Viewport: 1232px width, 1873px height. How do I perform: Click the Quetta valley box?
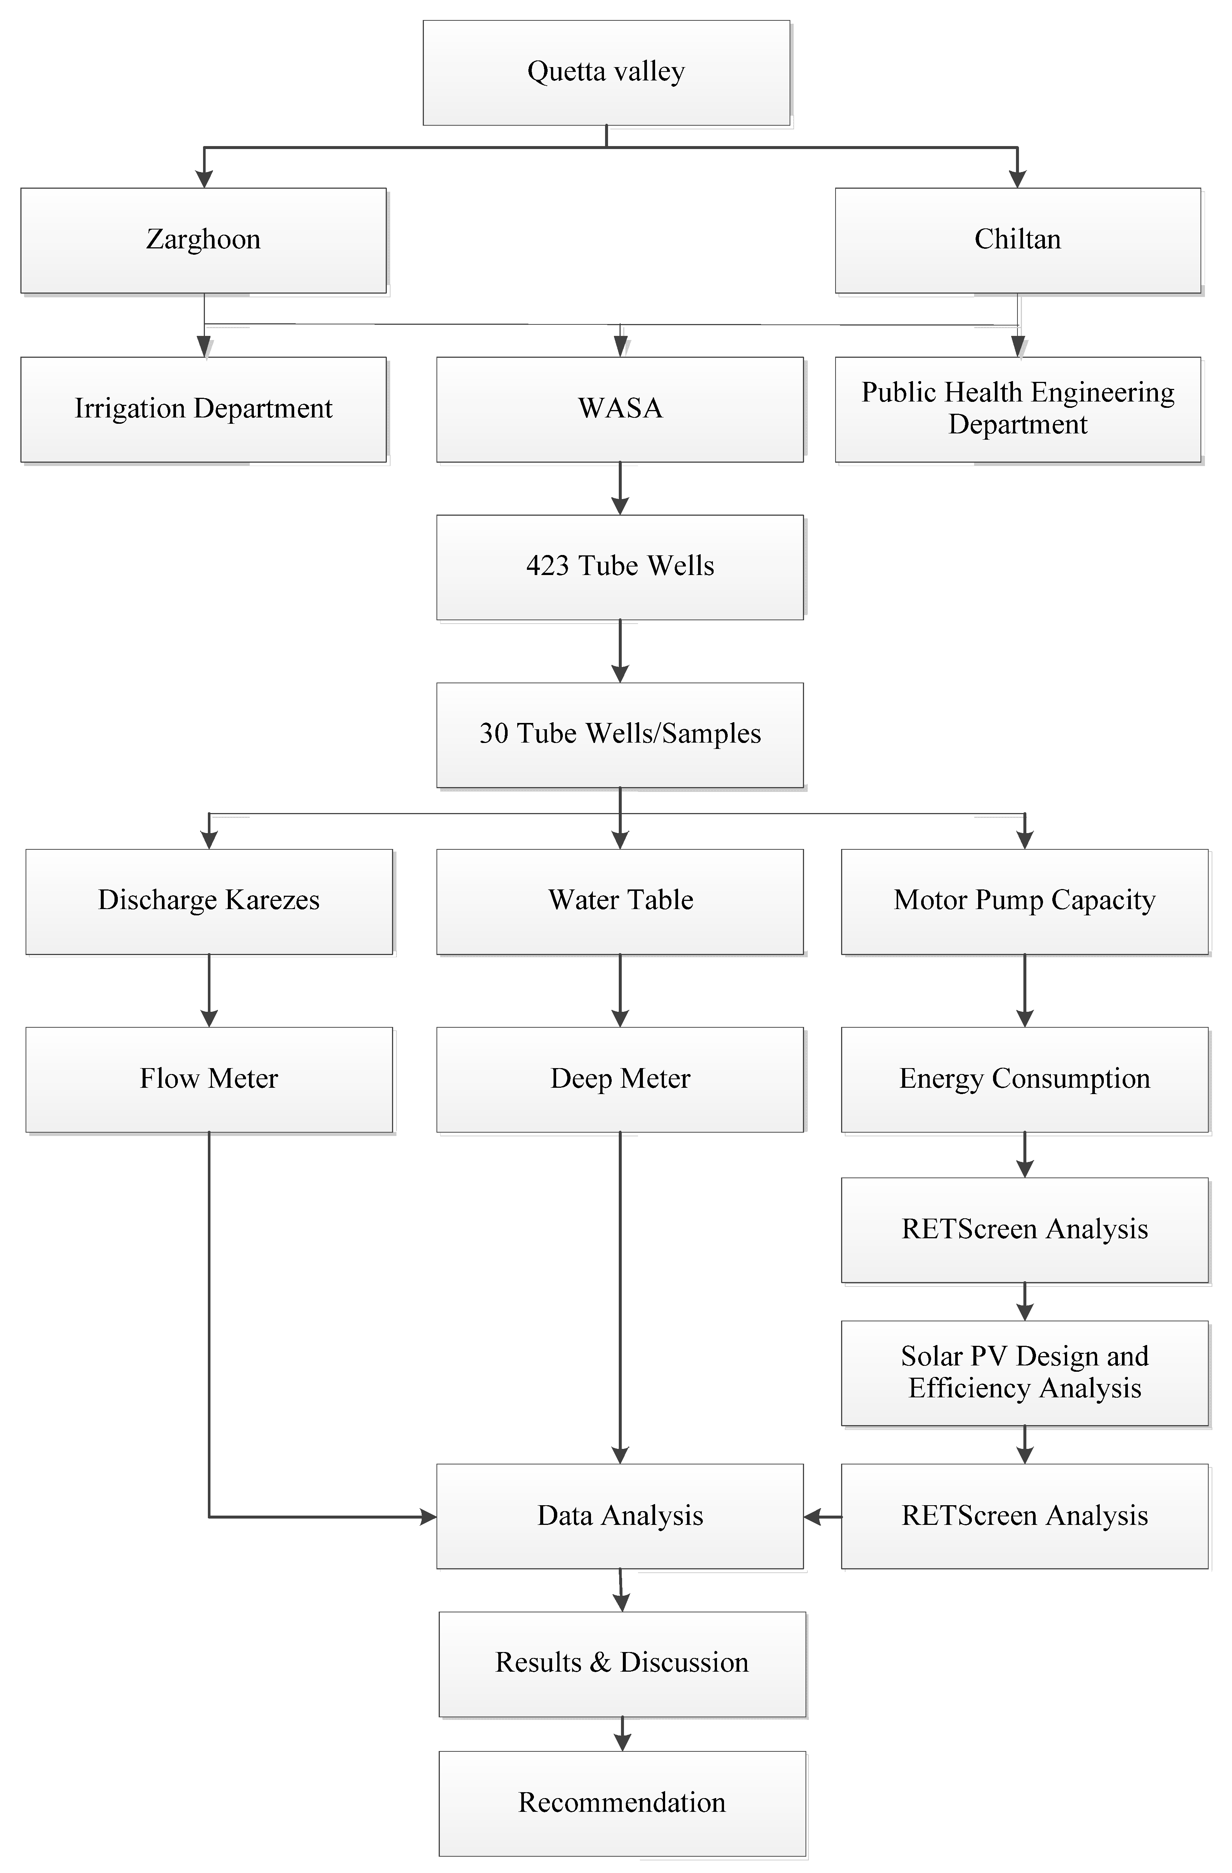point(606,72)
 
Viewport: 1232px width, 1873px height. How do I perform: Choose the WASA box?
point(620,409)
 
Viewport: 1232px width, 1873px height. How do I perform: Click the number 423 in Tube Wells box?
point(547,566)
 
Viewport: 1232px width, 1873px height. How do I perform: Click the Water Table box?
point(620,901)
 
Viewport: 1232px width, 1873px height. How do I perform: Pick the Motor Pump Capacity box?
point(1024,901)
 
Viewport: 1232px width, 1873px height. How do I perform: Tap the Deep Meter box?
point(620,1079)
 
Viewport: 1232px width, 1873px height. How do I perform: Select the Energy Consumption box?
point(1024,1079)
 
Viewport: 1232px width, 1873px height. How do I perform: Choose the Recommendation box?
point(621,1803)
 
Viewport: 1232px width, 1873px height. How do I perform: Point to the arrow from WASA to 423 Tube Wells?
point(620,489)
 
